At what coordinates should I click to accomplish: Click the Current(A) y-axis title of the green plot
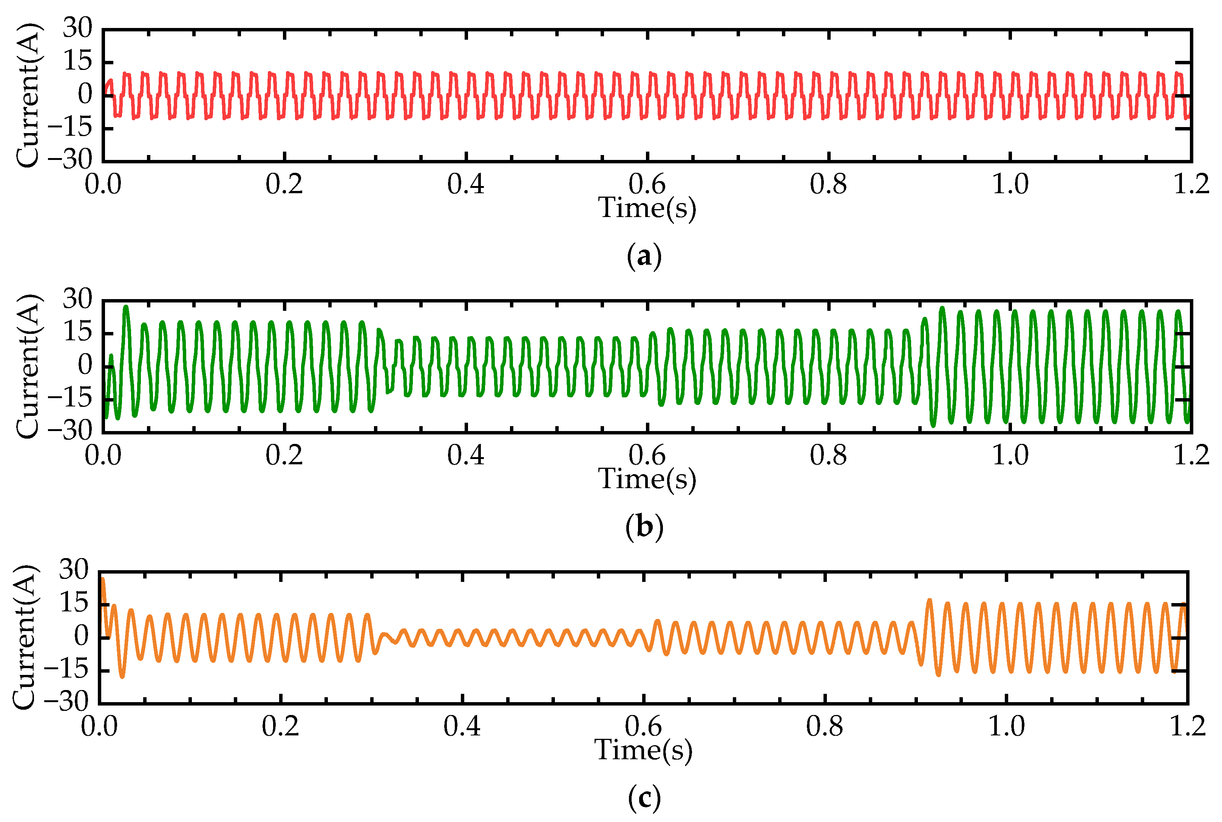(x=27, y=366)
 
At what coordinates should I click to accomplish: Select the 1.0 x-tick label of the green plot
(x=1010, y=455)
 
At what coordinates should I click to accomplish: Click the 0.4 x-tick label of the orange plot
(x=462, y=726)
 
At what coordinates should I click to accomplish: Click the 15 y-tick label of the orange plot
(x=73, y=603)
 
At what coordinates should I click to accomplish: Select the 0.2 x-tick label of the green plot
(x=284, y=455)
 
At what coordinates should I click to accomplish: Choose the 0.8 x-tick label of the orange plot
(x=825, y=726)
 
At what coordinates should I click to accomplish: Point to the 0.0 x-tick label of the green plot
(x=103, y=455)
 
